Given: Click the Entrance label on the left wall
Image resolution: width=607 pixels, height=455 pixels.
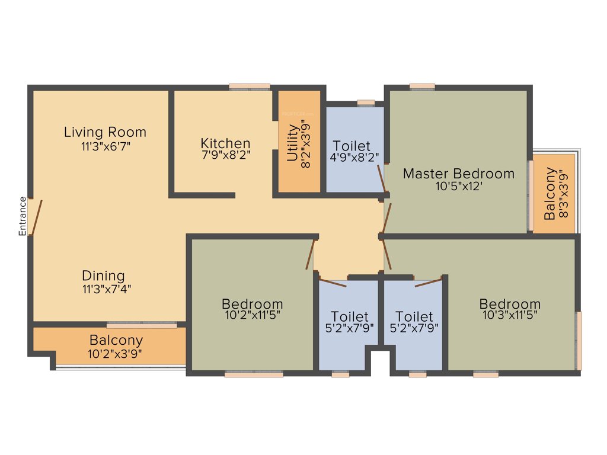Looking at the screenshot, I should click(x=23, y=216).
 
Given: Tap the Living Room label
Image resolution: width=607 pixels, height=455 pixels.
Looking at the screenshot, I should click(x=105, y=132).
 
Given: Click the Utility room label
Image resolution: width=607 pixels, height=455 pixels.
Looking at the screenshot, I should click(x=292, y=143).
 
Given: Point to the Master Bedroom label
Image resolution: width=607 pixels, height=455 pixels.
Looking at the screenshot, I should click(x=459, y=174).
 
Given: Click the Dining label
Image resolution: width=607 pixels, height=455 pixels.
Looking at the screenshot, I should click(x=104, y=275).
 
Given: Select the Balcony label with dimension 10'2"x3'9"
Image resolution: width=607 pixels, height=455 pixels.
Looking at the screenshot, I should click(x=116, y=341).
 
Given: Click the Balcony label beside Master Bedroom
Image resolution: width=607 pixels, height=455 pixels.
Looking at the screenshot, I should click(x=550, y=194).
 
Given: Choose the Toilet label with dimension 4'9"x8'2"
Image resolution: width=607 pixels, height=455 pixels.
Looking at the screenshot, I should click(x=352, y=146).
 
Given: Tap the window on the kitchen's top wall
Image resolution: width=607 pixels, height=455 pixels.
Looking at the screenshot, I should click(x=250, y=87).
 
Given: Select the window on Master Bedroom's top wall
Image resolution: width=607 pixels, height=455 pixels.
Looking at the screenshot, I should click(x=421, y=86).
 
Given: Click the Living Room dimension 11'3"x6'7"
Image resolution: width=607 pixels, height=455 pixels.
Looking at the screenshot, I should click(x=105, y=146).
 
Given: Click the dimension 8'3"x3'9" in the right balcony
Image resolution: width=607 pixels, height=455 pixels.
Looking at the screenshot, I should click(x=564, y=194).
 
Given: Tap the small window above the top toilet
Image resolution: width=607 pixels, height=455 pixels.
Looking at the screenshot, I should click(x=366, y=102).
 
